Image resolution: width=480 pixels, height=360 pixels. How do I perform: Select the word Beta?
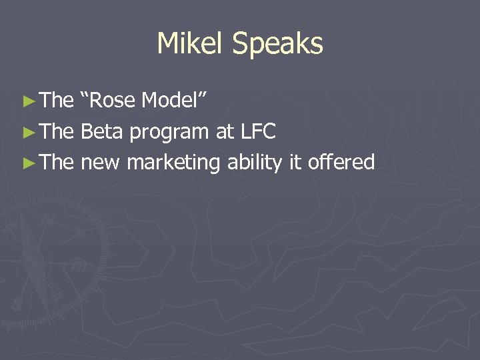click(x=101, y=131)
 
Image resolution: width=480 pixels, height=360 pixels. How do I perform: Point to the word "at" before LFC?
click(x=223, y=132)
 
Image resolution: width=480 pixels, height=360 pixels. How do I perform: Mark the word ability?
click(x=255, y=163)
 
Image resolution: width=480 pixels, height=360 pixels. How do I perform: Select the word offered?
click(x=341, y=162)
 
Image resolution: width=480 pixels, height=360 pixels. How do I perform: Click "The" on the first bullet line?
click(x=57, y=101)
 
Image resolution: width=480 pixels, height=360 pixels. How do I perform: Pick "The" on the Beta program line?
click(x=57, y=131)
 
